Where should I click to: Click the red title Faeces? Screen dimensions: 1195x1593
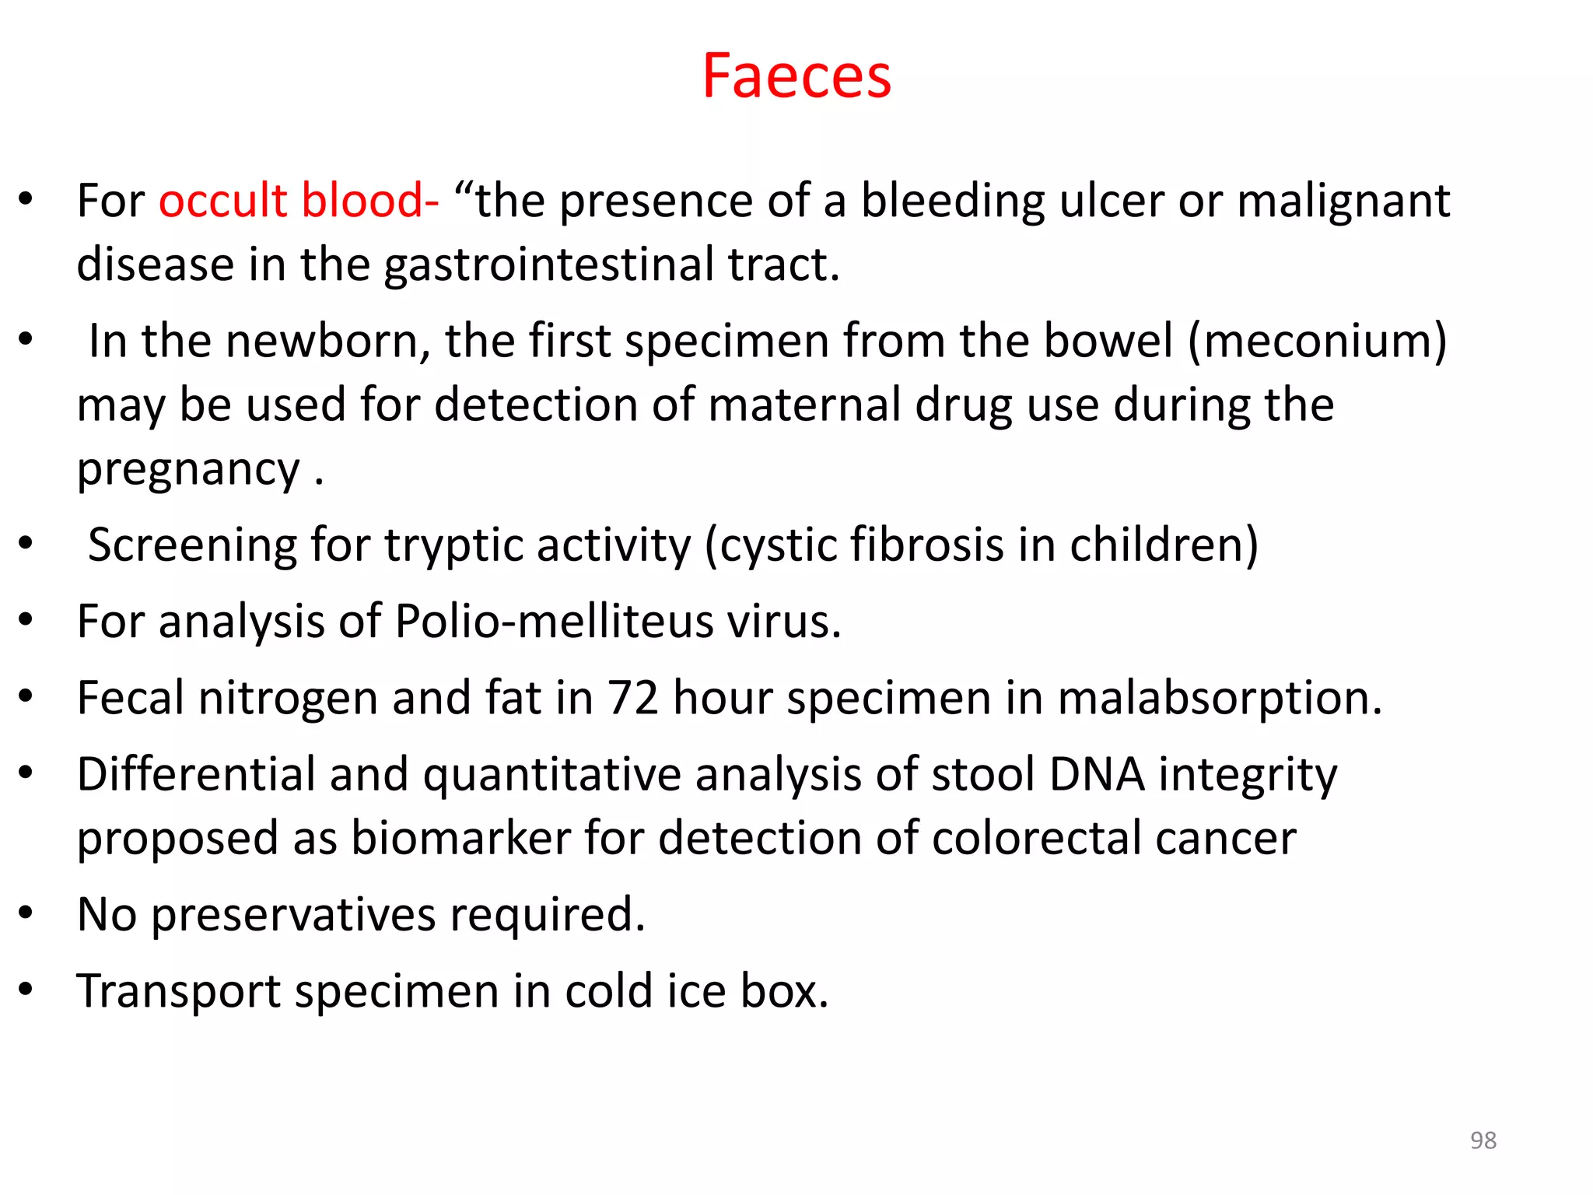tap(796, 76)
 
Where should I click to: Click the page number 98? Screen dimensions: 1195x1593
tap(1483, 1141)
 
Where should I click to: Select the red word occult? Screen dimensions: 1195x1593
tap(223, 201)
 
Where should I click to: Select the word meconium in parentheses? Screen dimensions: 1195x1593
tap(1318, 342)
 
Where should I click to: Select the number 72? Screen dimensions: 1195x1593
tap(632, 698)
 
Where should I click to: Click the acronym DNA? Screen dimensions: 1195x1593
tap(1097, 775)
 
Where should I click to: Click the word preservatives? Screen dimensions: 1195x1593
tap(293, 915)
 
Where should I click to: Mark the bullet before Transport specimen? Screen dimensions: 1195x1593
tap(26, 990)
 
